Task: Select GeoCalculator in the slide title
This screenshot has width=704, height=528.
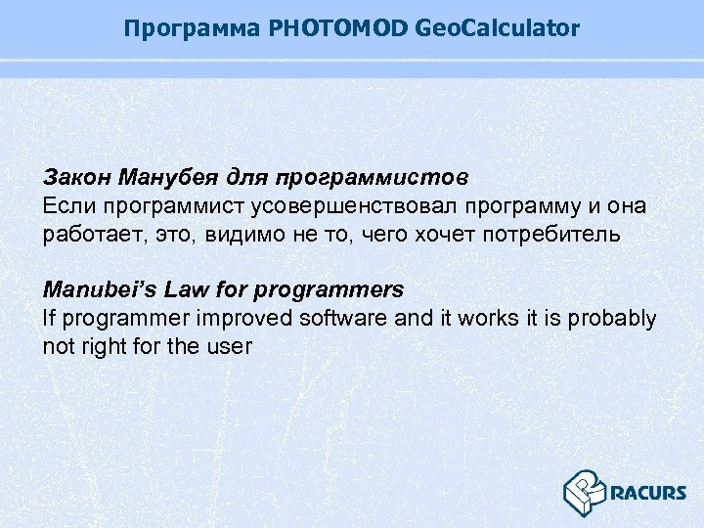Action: point(498,29)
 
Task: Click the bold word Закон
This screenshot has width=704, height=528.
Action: point(77,179)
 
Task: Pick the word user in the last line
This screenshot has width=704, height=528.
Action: point(230,346)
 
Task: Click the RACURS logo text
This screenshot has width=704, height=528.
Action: point(648,493)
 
